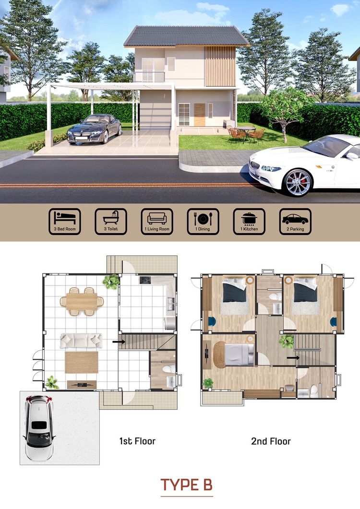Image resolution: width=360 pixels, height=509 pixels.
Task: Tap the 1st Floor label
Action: pyautogui.click(x=137, y=440)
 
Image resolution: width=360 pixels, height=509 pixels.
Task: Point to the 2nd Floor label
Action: pyautogui.click(x=271, y=440)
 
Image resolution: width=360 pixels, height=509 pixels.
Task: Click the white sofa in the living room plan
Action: pyautogui.click(x=81, y=341)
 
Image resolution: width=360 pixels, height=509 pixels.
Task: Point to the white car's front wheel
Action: pyautogui.click(x=298, y=182)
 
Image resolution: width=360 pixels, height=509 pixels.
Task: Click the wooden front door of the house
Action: pyautogui.click(x=199, y=114)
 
